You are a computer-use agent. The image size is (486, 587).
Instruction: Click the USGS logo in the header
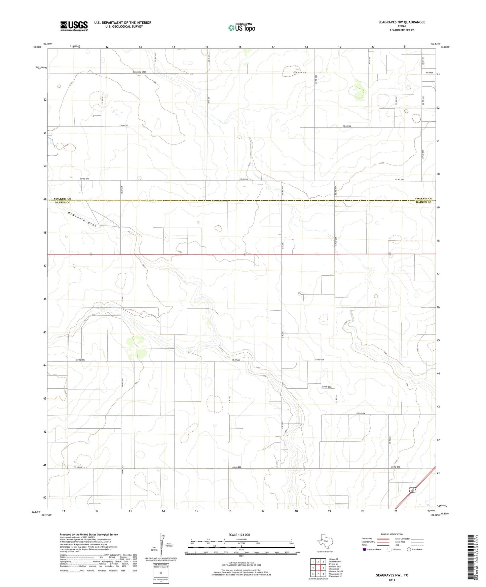74,26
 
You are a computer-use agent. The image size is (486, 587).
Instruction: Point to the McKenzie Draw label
82,219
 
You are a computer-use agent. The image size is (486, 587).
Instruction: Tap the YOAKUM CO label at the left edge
63,199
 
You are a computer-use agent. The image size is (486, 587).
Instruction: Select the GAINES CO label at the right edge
423,202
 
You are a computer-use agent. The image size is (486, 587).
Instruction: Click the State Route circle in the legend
409,549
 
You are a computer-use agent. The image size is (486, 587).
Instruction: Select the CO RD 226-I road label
327,387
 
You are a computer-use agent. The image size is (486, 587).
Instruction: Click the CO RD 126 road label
361,413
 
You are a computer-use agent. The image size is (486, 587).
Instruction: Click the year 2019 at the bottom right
392,580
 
